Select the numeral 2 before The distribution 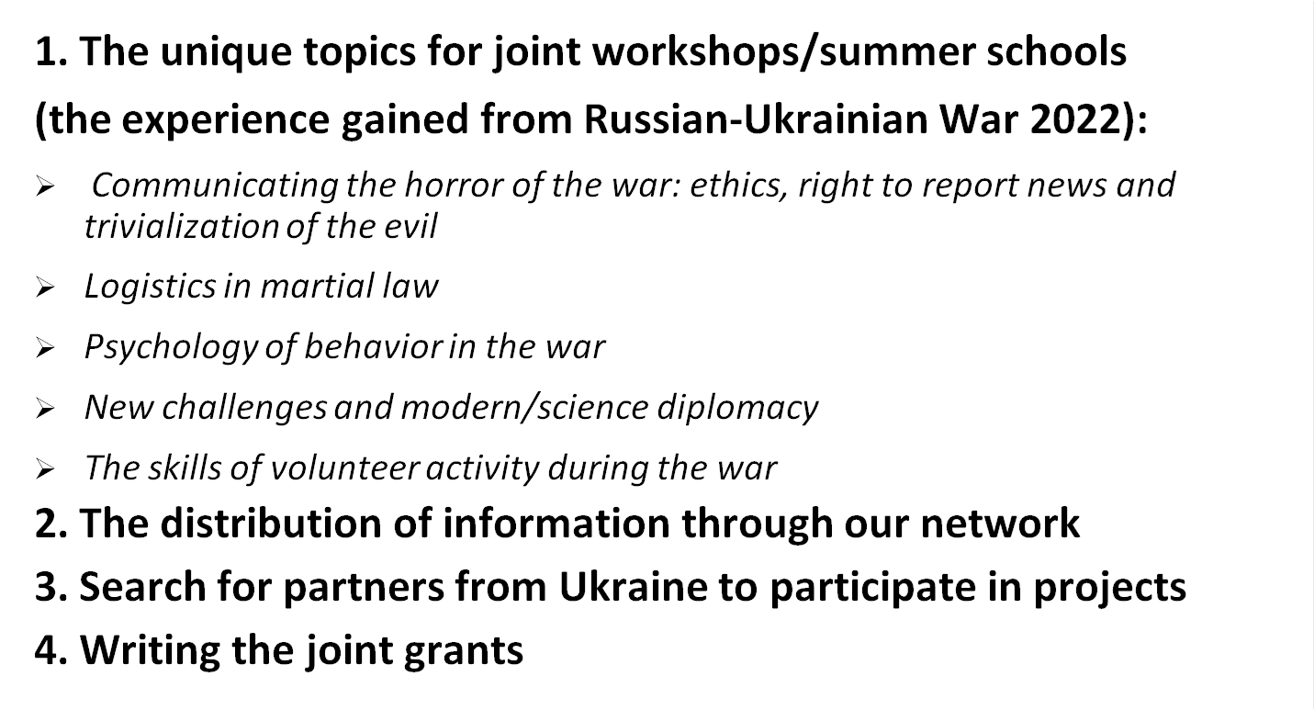pyautogui.click(x=46, y=524)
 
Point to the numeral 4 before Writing pyautogui.click(x=46, y=650)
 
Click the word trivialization pyautogui.click(x=182, y=226)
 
